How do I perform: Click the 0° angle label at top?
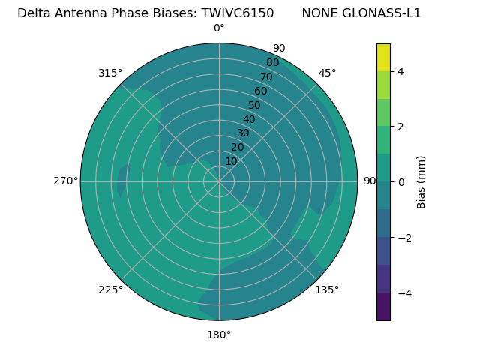coord(219,28)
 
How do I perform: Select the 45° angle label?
coord(327,73)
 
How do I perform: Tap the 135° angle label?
coord(327,289)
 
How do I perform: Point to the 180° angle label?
coord(219,334)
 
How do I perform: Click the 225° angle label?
coord(110,289)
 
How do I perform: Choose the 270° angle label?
coord(65,181)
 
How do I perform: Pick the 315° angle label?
coord(110,73)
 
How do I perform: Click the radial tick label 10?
coord(231,161)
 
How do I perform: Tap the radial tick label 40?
coord(249,120)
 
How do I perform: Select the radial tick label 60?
coord(261,91)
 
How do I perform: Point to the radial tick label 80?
coord(272,63)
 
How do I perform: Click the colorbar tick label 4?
coord(400,71)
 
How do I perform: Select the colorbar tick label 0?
coord(400,182)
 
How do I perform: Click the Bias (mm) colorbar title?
coord(421,181)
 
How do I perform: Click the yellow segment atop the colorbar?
coord(383,58)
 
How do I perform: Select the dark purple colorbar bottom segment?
coord(383,307)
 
